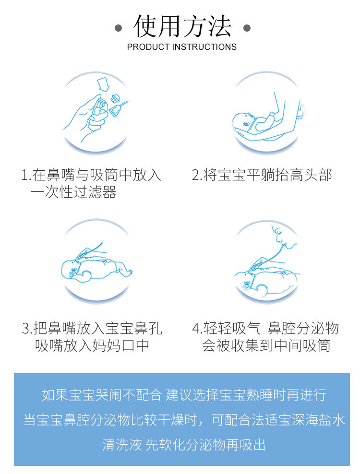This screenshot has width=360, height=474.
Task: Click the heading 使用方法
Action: (x=182, y=26)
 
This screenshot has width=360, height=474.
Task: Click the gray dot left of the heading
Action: (x=118, y=28)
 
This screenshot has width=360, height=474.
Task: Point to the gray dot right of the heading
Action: (x=247, y=28)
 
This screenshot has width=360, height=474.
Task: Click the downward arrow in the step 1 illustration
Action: (x=104, y=84)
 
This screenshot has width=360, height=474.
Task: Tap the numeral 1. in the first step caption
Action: (x=26, y=175)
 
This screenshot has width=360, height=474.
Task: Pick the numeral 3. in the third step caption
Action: (x=27, y=329)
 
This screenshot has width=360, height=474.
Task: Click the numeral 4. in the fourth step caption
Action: (x=197, y=329)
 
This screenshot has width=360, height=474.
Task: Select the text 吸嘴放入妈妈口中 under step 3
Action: (x=92, y=345)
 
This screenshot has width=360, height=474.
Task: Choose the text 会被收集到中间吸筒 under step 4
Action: (x=266, y=345)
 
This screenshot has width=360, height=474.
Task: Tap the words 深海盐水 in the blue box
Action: (x=318, y=420)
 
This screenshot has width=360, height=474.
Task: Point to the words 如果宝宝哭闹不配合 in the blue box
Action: (x=102, y=395)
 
